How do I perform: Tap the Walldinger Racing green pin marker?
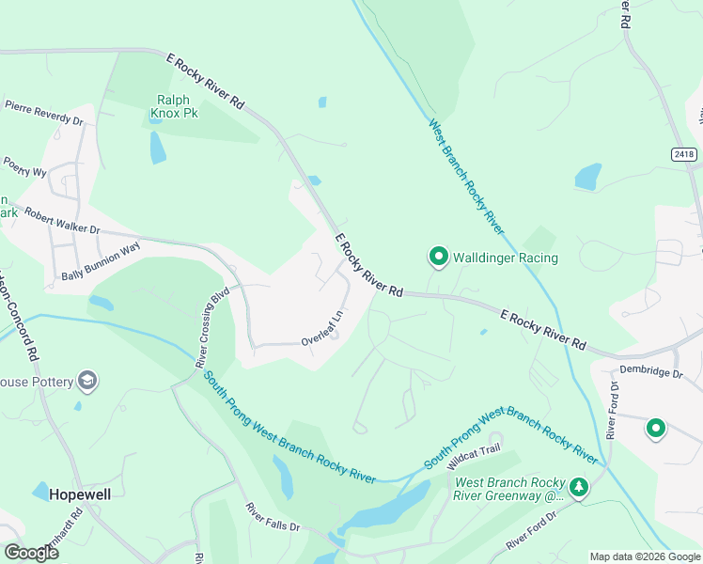[438, 256]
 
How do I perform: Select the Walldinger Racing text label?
[506, 258]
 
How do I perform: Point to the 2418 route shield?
[685, 153]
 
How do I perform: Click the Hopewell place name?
[79, 494]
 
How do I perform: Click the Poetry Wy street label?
[24, 167]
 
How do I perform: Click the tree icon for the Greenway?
[581, 487]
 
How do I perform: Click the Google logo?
[32, 552]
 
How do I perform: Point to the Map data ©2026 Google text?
[644, 556]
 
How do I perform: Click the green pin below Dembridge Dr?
[655, 430]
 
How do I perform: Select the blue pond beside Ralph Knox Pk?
[158, 147]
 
